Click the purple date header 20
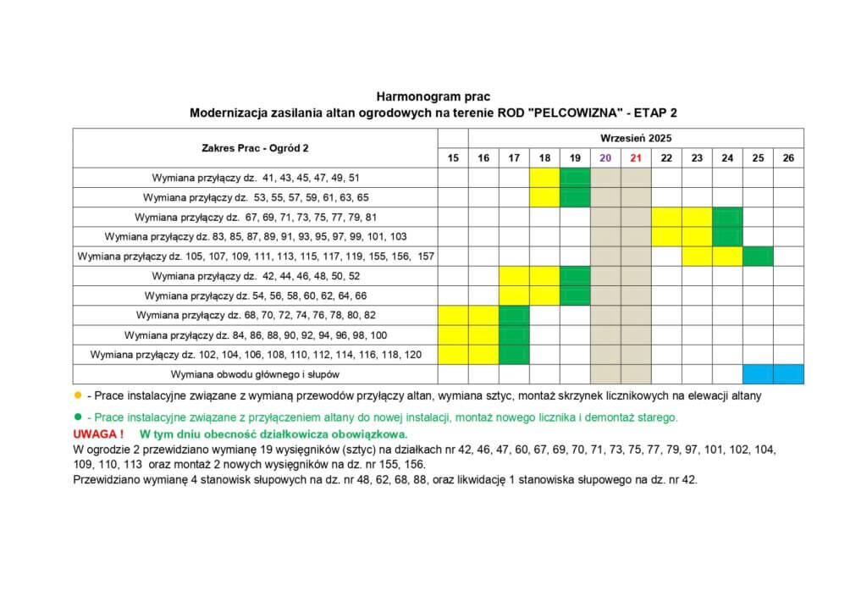click(605, 157)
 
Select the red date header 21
click(636, 157)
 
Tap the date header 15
click(453, 157)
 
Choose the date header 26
click(788, 157)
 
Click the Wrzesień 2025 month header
click(636, 137)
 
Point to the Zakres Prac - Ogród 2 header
click(255, 147)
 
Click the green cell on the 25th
click(758, 256)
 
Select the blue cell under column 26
click(788, 373)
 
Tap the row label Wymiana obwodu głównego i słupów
click(256, 373)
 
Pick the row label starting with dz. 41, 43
click(256, 178)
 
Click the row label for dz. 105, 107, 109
click(256, 256)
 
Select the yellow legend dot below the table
click(78, 395)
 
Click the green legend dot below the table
click(78, 417)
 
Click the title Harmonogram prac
click(433, 97)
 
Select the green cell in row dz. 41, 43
click(575, 178)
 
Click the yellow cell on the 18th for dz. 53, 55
click(544, 197)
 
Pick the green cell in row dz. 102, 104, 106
click(514, 354)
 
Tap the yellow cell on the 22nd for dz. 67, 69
click(666, 217)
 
